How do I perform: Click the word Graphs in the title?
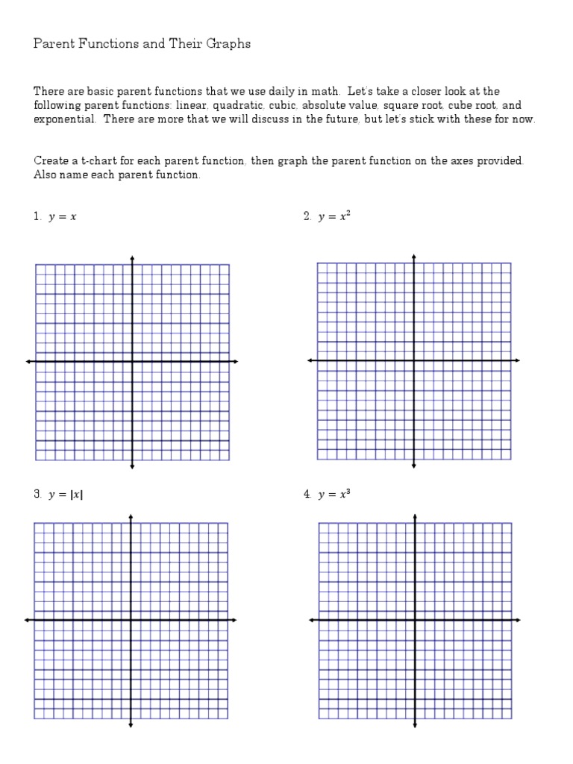[227, 44]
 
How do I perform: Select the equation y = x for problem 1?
[63, 217]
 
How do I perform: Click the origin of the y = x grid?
[132, 362]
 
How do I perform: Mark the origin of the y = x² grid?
[414, 361]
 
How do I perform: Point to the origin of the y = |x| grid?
[131, 620]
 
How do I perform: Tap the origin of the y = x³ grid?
[415, 620]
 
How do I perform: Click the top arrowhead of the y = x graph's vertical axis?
[132, 258]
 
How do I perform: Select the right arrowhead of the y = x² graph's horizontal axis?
[517, 361]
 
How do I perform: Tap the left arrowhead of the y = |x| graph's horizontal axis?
[28, 620]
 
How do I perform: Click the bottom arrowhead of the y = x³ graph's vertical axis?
[415, 724]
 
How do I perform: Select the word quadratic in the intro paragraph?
[236, 106]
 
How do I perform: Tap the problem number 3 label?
[37, 495]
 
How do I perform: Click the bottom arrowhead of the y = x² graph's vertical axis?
[414, 467]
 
